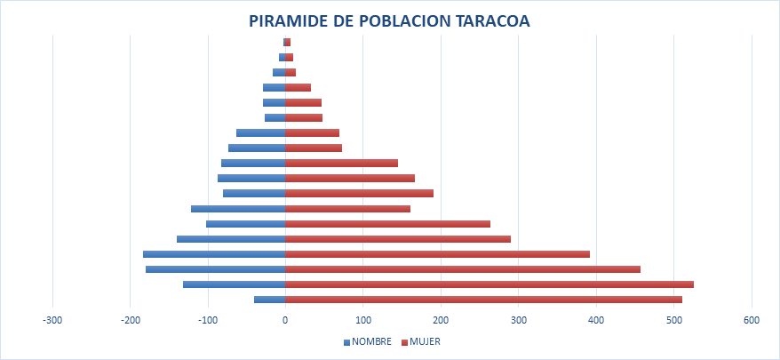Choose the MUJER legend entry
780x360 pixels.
(425, 341)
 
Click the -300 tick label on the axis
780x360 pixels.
(53, 320)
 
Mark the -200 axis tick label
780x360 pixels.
(131, 320)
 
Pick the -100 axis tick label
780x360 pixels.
(208, 320)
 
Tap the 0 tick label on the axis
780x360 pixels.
(285, 320)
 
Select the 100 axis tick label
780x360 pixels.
(362, 320)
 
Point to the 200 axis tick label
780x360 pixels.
(441, 320)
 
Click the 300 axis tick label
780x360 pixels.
(518, 320)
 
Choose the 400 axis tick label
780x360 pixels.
(596, 320)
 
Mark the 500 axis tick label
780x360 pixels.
(673, 320)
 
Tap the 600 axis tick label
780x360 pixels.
(752, 320)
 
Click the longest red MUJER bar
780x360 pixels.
(489, 284)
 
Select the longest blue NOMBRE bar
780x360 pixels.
(214, 254)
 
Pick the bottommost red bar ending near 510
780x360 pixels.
(483, 300)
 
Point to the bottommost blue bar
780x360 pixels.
(270, 300)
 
